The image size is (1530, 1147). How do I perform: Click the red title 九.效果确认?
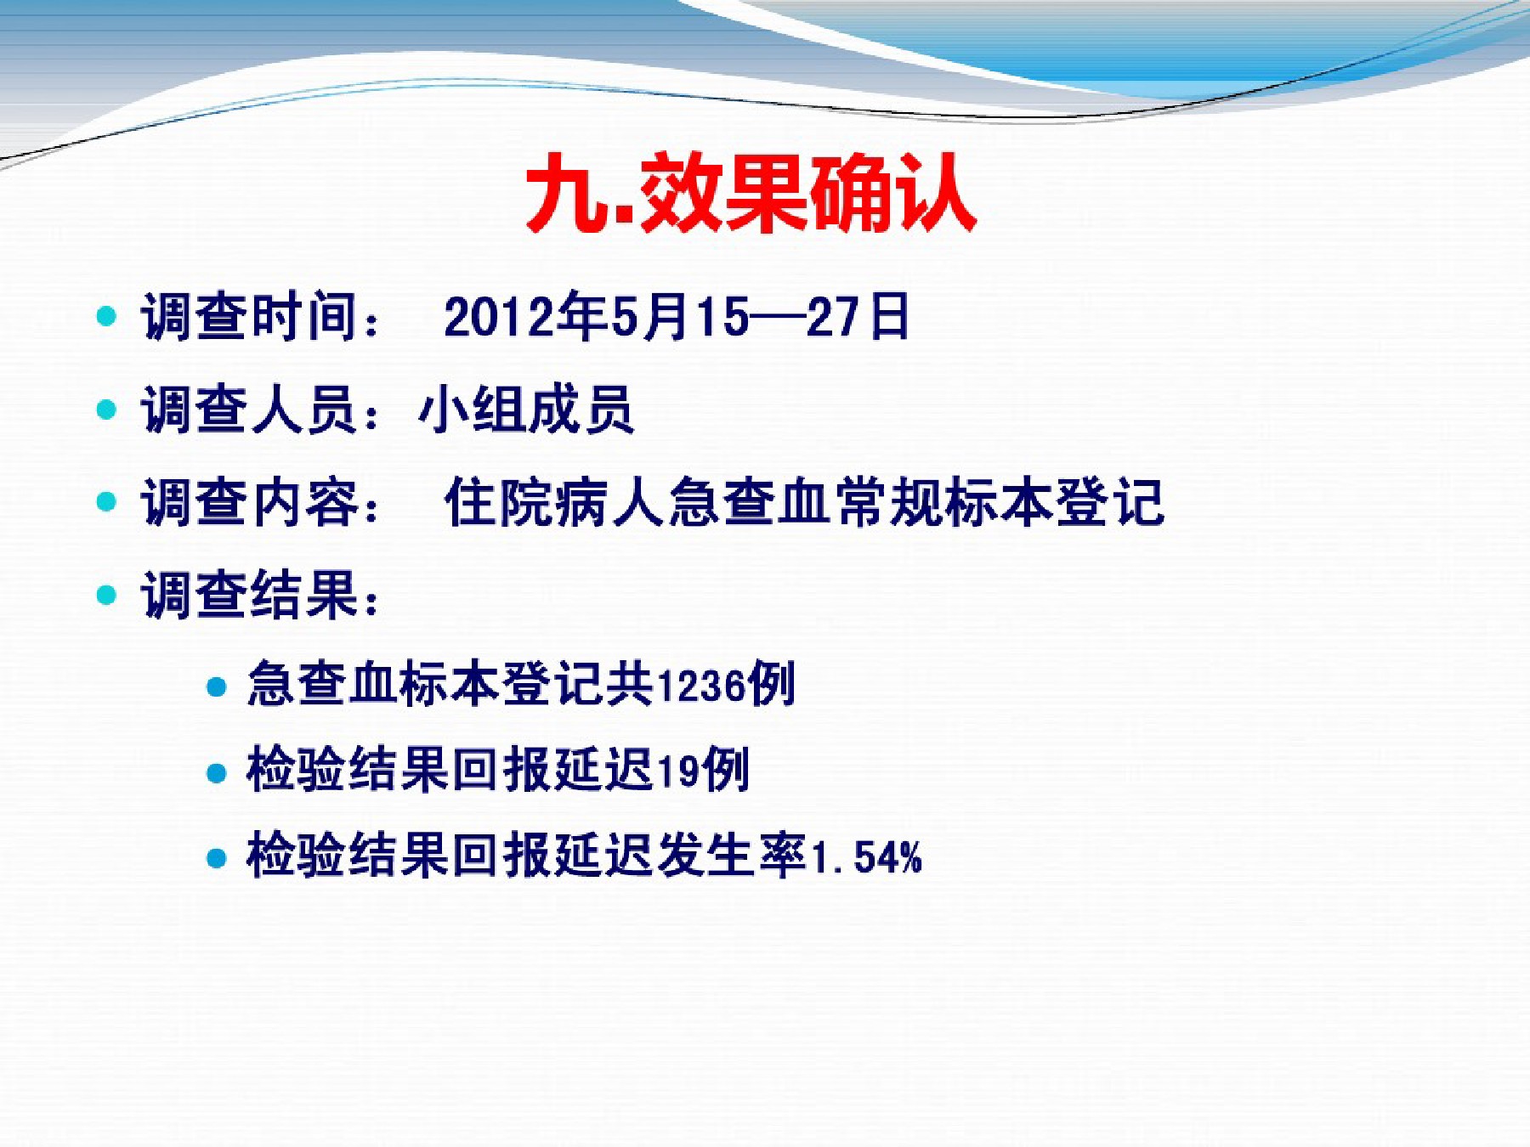pos(751,194)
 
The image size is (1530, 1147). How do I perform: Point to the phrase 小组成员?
pos(526,410)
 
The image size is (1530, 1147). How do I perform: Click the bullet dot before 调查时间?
pos(106,317)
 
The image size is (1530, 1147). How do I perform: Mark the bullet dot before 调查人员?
pos(106,410)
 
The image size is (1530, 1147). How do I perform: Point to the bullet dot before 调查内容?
pos(106,502)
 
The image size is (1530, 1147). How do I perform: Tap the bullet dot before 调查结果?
pos(106,594)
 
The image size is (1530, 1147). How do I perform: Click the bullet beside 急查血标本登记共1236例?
pos(217,686)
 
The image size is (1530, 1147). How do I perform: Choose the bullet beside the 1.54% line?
pos(217,857)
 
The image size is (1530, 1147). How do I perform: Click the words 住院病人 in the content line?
pos(554,502)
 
